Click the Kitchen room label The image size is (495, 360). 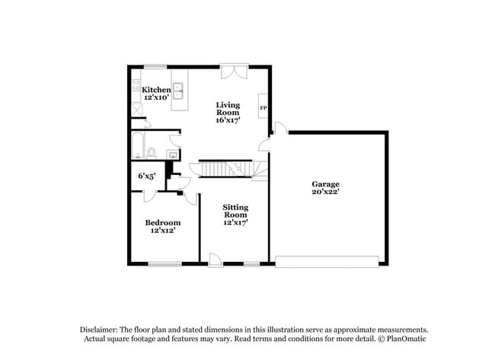(156, 90)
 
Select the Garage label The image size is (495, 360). (325, 184)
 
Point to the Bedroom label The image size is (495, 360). (163, 222)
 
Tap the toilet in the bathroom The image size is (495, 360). (152, 153)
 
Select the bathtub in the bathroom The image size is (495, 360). (138, 145)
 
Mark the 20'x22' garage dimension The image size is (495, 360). (325, 193)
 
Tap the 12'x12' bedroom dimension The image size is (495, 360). (161, 231)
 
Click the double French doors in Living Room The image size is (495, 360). (232, 72)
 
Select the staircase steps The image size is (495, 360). (225, 168)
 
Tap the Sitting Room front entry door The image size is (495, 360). (216, 260)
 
